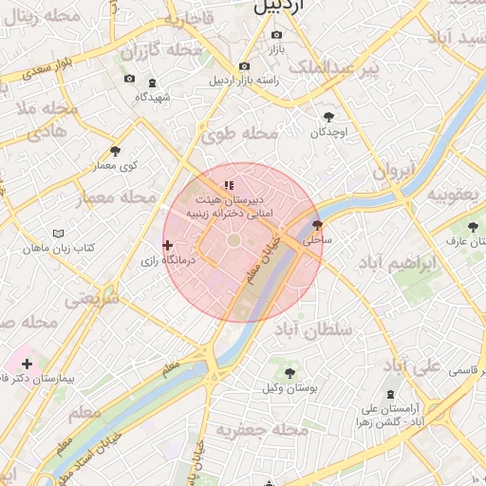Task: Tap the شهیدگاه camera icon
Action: [128, 79]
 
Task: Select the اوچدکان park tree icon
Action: [328, 118]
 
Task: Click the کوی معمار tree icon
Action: [116, 150]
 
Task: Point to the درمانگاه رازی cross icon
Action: [168, 245]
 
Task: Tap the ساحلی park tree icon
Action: [316, 226]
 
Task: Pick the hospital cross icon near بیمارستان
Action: [27, 364]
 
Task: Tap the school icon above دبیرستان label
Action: [228, 185]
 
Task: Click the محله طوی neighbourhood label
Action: [240, 134]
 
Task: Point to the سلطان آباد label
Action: [313, 329]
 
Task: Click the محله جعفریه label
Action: [262, 430]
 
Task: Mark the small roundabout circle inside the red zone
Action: [234, 244]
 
